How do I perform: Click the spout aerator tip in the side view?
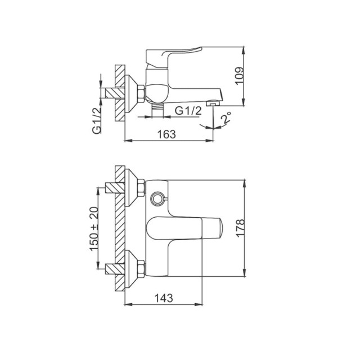pos(215,102)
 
